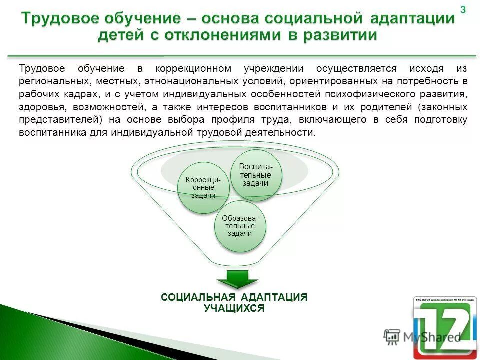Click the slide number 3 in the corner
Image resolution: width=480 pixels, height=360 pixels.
[463, 10]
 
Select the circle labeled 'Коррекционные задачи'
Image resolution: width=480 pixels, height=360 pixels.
[203, 188]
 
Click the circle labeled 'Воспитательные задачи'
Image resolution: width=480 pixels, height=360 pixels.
[256, 175]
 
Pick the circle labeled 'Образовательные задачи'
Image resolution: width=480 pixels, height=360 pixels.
[240, 226]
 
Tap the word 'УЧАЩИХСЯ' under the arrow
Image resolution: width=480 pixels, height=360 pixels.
[234, 308]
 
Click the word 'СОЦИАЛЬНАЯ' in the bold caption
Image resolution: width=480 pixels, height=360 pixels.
[193, 297]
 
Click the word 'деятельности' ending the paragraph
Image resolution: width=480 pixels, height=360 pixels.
[286, 133]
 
